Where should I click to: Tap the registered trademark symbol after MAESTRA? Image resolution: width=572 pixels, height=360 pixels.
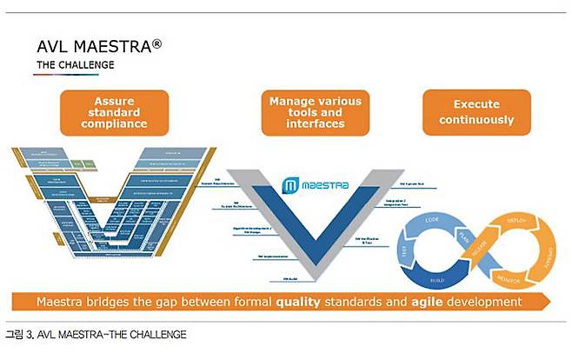point(156,40)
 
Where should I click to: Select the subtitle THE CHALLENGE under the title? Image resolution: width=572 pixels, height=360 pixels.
point(75,64)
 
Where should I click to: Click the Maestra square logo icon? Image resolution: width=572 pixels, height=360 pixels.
point(290,185)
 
